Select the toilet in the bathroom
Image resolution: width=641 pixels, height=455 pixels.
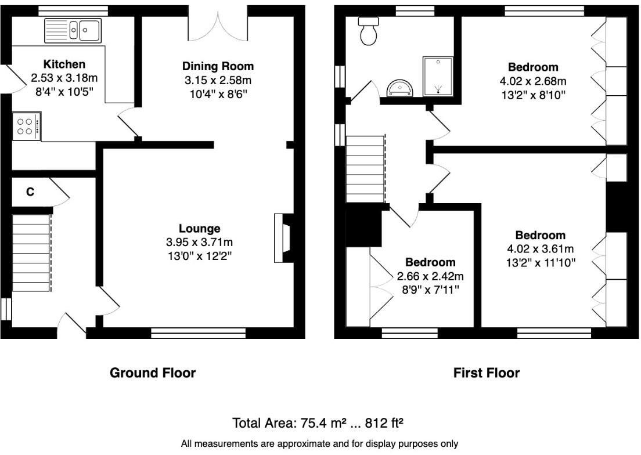tap(368, 31)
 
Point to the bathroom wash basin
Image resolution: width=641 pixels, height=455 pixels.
tap(400, 88)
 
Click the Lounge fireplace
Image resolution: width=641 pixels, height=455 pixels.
tap(282, 238)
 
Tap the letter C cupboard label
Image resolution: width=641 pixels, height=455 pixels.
tap(30, 192)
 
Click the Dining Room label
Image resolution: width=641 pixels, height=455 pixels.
tap(218, 66)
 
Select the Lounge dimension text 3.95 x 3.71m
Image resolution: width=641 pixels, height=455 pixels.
tap(199, 242)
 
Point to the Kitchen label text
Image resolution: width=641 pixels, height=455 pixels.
tap(64, 64)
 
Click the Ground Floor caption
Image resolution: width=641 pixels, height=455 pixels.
tap(153, 373)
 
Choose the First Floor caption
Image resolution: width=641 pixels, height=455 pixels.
tap(486, 373)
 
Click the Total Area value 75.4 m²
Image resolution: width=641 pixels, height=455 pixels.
tap(302, 423)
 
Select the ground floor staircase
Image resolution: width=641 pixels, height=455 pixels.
tap(31, 252)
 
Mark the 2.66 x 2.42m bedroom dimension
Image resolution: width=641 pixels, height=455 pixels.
tap(430, 276)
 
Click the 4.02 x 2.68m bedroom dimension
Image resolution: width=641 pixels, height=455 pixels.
tap(532, 81)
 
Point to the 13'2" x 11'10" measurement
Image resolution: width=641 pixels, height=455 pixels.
tap(540, 262)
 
